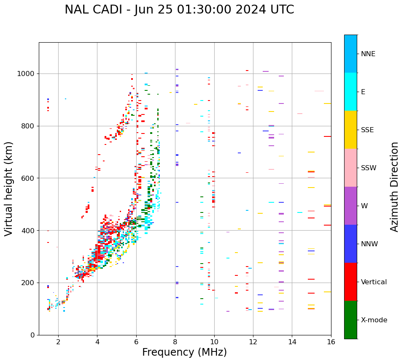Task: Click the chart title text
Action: (179, 10)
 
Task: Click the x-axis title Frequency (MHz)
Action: (184, 352)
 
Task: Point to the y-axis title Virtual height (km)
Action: (9, 189)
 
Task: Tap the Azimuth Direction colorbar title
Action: (394, 187)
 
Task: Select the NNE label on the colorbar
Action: (368, 54)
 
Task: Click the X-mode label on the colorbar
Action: (374, 320)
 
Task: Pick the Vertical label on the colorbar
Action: (374, 282)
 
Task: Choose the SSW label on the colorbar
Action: (369, 168)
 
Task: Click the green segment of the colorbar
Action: (350, 320)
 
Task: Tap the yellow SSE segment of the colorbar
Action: (350, 130)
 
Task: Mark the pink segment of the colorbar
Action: (350, 168)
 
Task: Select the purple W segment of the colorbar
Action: (350, 206)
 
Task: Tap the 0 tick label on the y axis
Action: (33, 335)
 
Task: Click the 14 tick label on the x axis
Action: (292, 342)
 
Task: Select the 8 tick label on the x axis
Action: (175, 342)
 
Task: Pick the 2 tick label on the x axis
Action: (58, 342)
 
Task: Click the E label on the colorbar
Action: (363, 92)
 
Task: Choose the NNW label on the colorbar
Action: (369, 244)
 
